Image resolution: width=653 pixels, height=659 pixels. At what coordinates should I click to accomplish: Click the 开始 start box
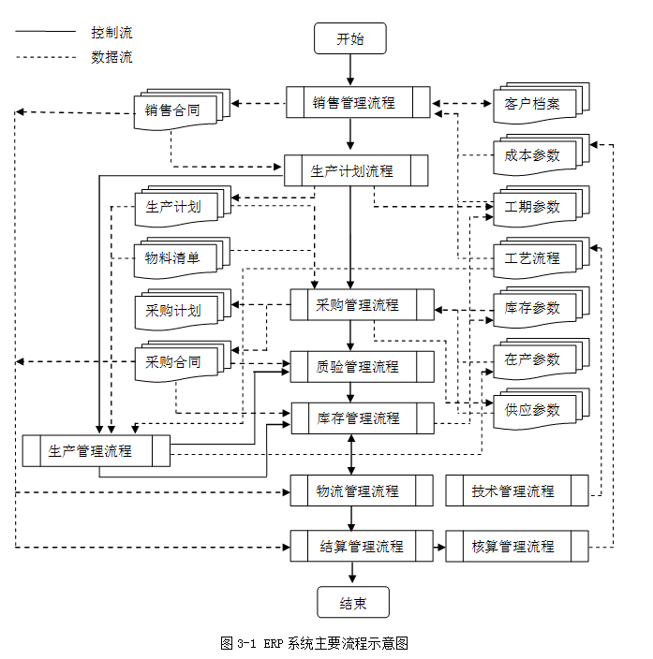[350, 39]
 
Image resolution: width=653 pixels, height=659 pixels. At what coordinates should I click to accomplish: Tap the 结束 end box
[352, 603]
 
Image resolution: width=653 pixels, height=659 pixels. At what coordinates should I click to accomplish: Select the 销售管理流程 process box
[357, 103]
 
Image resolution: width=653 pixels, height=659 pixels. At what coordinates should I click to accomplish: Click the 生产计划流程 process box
[355, 170]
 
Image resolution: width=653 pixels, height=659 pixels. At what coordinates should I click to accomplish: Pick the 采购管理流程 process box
[362, 305]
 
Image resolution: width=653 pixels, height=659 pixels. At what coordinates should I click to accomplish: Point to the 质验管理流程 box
[362, 366]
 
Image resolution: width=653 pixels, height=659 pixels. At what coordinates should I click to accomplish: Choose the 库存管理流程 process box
[362, 417]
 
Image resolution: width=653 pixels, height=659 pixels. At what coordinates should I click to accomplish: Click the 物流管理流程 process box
[362, 491]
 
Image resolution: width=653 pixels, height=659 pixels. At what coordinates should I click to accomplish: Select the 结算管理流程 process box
[362, 546]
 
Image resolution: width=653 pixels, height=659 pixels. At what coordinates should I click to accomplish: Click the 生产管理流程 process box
[96, 450]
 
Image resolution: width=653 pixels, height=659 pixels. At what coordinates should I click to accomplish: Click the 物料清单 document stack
[173, 258]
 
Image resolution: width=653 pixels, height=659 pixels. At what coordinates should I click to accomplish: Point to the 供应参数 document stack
[532, 410]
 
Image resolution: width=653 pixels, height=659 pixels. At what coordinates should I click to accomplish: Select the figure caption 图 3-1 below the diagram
[315, 643]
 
